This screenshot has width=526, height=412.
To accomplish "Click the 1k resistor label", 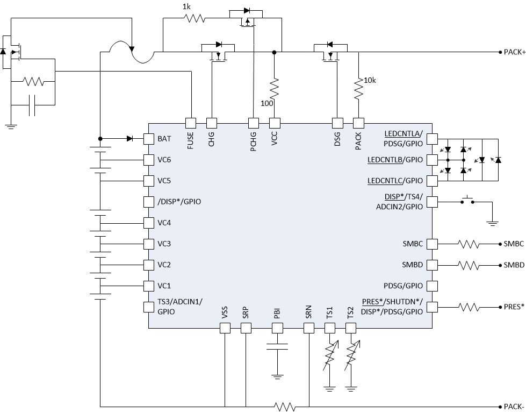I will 186,6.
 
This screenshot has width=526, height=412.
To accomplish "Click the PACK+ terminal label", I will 514,52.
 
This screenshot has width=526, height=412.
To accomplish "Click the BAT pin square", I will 149,139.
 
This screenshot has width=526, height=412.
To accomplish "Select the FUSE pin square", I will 190,122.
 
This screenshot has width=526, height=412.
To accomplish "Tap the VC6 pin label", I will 164,160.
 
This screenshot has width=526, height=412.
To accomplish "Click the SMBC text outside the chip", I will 514,244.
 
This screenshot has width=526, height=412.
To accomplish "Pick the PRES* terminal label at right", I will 514,307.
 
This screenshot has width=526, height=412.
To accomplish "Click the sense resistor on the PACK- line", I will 284,406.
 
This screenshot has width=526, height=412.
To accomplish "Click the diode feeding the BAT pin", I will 129,139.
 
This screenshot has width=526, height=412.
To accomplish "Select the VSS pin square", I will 225,328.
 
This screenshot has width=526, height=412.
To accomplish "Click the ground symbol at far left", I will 10,127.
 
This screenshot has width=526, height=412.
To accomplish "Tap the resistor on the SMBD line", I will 469,265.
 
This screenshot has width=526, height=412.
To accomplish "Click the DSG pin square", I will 337,122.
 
